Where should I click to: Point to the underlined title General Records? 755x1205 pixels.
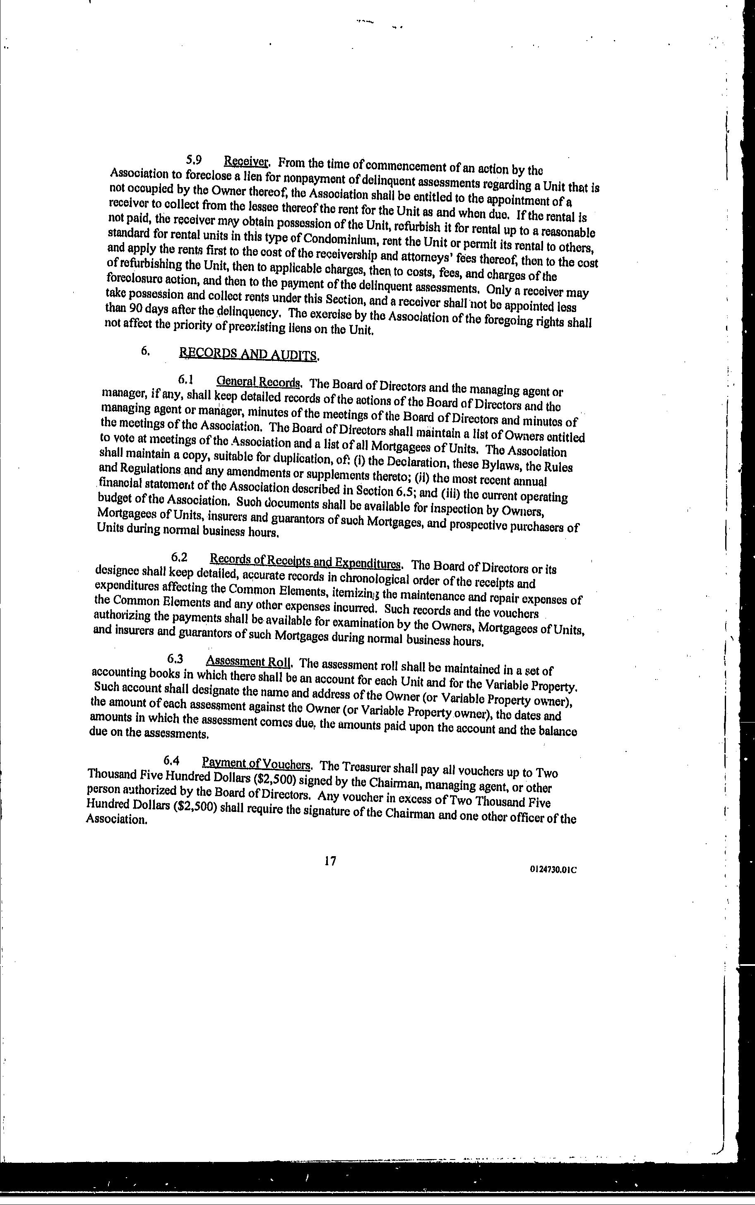(x=259, y=382)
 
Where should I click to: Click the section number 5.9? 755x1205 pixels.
(x=194, y=160)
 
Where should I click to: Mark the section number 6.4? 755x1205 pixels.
(x=171, y=761)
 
